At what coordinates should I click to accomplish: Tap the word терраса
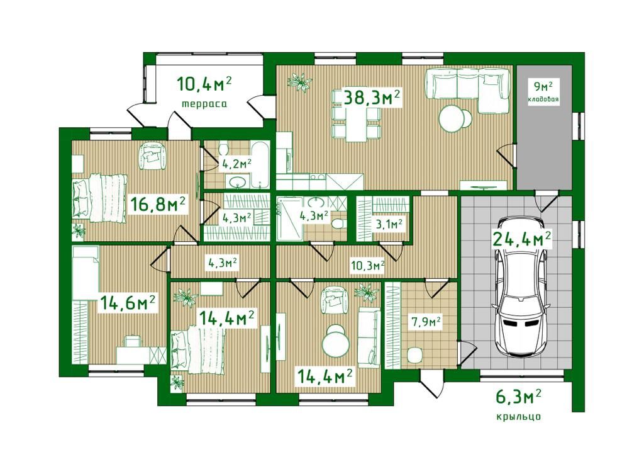(204, 104)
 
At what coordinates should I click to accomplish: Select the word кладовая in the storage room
(544, 99)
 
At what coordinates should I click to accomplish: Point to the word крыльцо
(518, 417)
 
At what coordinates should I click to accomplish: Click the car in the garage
(521, 286)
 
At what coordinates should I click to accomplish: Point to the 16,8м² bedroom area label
(158, 204)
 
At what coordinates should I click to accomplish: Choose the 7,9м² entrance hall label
(426, 322)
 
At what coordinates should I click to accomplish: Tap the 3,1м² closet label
(389, 224)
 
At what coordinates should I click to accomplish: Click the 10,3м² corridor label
(367, 266)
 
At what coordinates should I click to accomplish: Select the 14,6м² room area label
(127, 303)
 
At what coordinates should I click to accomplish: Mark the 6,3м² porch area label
(518, 398)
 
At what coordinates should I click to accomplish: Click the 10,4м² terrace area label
(204, 84)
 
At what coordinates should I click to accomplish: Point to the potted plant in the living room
(300, 81)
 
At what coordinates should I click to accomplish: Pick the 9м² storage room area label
(543, 87)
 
